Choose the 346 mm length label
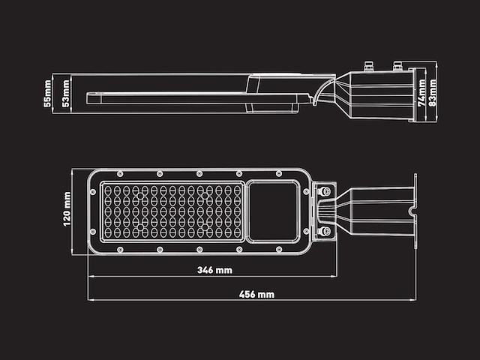coord(214,269)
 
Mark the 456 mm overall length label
coord(256,295)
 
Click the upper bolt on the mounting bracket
coord(325,192)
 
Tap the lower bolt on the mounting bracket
coord(325,231)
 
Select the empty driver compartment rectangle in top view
coord(273,211)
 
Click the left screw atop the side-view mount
coord(369,64)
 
